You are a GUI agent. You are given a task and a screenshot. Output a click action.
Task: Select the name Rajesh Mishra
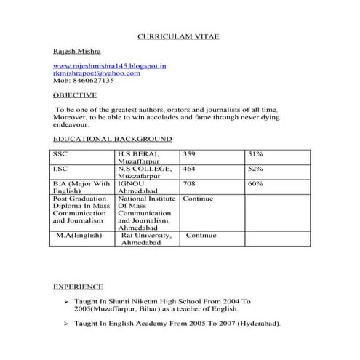click(x=76, y=52)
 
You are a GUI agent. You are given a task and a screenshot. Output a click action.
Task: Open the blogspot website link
click(x=110, y=66)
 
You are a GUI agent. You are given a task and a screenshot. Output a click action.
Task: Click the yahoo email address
click(x=97, y=73)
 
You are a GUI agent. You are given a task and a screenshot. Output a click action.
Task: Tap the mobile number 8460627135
click(x=93, y=81)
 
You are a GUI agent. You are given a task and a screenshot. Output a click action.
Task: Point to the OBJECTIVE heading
click(x=74, y=95)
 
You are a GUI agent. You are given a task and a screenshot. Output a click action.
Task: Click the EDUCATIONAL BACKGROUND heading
click(x=112, y=138)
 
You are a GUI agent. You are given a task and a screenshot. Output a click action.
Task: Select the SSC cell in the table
click(x=60, y=154)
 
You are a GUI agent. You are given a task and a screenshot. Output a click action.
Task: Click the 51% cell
click(x=255, y=154)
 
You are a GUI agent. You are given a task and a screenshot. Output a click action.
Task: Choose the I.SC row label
click(x=60, y=169)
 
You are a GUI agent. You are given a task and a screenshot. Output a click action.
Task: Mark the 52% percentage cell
click(x=255, y=169)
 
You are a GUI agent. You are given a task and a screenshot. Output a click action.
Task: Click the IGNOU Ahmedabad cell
click(x=137, y=188)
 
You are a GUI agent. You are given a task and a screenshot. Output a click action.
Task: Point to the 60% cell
click(x=255, y=184)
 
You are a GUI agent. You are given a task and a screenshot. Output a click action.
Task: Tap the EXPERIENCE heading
click(x=78, y=287)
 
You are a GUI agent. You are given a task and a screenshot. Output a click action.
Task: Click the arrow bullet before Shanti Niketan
click(x=65, y=301)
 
